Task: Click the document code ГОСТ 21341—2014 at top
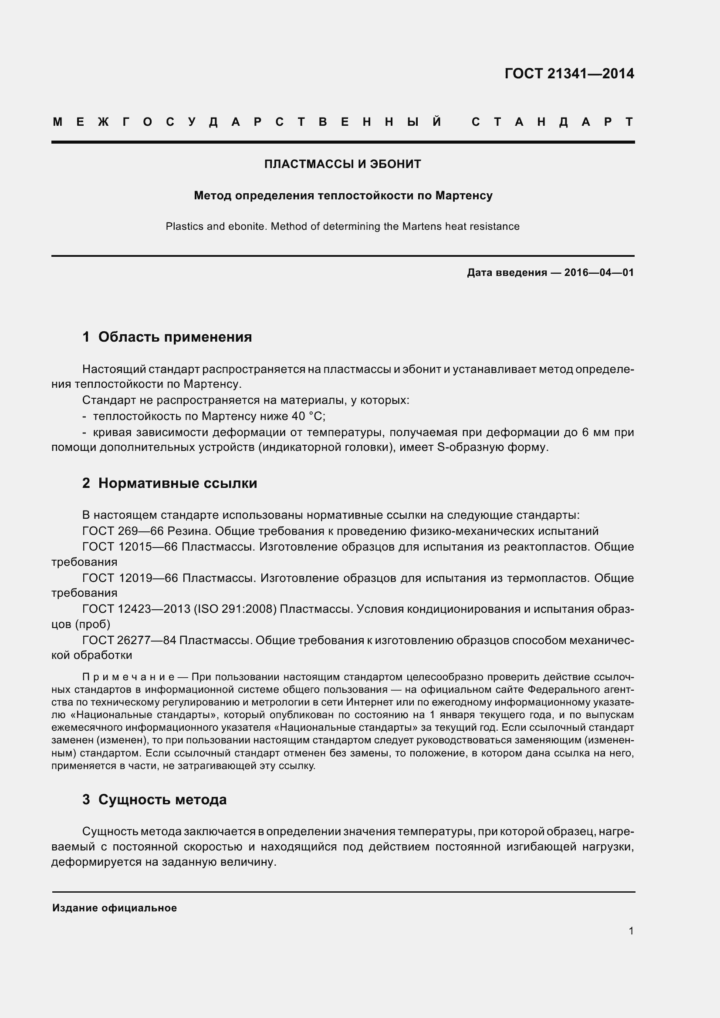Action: click(x=569, y=74)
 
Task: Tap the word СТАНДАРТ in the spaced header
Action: click(x=552, y=122)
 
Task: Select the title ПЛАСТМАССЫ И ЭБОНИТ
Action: click(x=342, y=164)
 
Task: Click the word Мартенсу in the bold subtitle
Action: click(x=463, y=195)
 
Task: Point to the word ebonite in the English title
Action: click(x=247, y=227)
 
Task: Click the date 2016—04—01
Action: click(x=599, y=272)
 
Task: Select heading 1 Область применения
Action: click(x=167, y=337)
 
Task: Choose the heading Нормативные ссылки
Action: click(x=177, y=483)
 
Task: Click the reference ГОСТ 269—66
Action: click(x=123, y=531)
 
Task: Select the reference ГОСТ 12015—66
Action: click(x=129, y=547)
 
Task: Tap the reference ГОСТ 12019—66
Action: click(x=130, y=578)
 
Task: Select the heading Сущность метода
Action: click(x=162, y=800)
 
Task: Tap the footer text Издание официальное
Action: click(x=115, y=908)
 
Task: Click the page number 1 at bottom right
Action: click(x=631, y=931)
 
